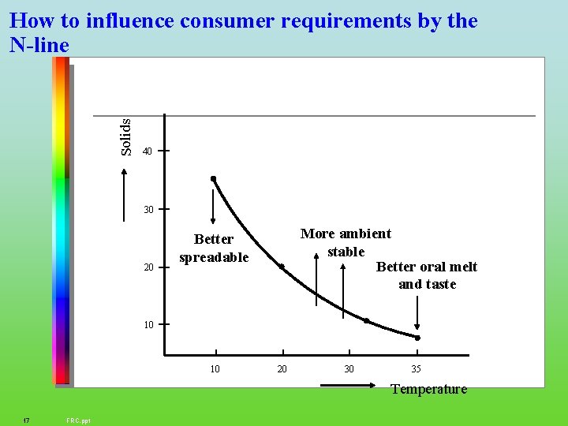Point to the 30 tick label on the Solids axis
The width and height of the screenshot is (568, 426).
point(148,210)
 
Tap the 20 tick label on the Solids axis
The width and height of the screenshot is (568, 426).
point(148,267)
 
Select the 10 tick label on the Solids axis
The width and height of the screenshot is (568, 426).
point(148,324)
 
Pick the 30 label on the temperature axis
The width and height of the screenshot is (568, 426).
point(349,369)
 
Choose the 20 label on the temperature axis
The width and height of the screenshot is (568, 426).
point(282,369)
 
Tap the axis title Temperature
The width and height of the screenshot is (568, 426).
point(428,389)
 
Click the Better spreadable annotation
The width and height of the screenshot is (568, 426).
point(214,248)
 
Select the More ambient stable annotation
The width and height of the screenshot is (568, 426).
point(346,242)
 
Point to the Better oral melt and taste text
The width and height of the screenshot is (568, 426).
point(427,275)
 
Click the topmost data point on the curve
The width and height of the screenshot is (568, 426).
point(213,178)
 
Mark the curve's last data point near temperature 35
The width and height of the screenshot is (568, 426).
point(418,338)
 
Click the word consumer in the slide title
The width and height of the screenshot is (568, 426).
point(229,21)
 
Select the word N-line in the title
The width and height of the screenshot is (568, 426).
point(40,46)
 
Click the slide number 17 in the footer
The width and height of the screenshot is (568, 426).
point(27,420)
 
